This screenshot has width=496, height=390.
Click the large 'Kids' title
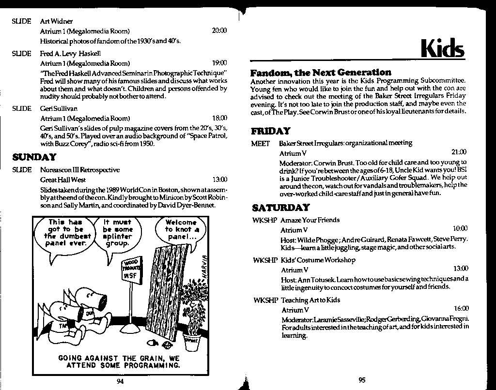[x=443, y=48]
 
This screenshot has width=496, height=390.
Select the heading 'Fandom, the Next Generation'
[x=321, y=73]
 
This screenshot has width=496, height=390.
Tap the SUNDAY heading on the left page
[x=34, y=157]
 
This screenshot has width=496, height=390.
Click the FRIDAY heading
[x=271, y=131]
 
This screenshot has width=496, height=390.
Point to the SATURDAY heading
[x=280, y=208]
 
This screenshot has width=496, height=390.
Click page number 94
[x=121, y=381]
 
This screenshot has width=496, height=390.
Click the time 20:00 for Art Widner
[x=219, y=31]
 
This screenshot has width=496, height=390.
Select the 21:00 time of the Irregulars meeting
[x=459, y=152]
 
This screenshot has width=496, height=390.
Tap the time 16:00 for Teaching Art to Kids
[x=461, y=308]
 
